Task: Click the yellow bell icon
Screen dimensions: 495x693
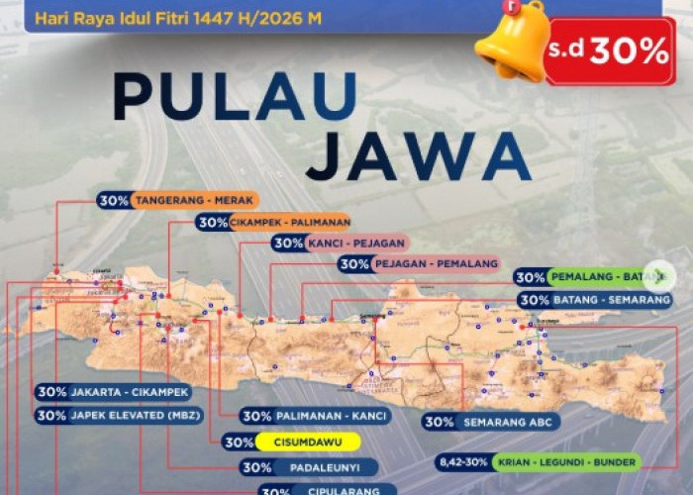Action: pos(512,42)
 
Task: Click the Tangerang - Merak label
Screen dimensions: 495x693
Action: pos(195,199)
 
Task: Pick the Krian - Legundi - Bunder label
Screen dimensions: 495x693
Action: pos(565,462)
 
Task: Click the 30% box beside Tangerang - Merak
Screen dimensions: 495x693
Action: pos(113,199)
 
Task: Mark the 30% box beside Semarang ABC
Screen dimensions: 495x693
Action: pos(439,422)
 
